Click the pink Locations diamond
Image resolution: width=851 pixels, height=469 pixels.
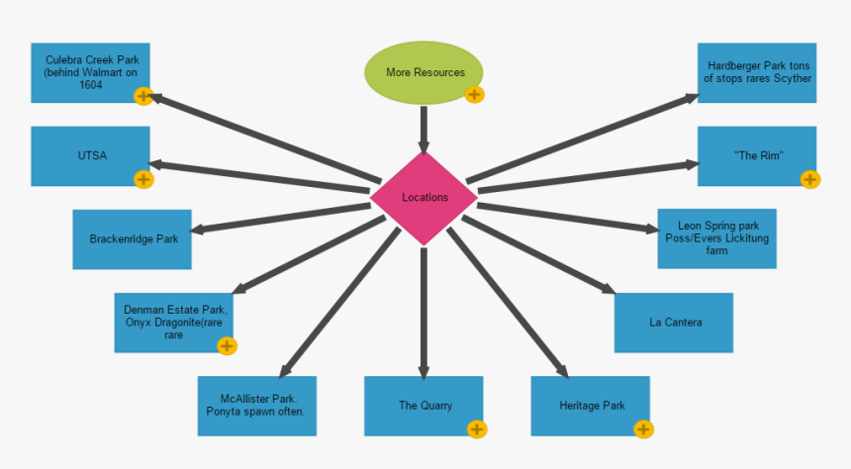pyautogui.click(x=425, y=198)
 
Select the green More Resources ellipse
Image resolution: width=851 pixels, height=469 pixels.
pyautogui.click(x=424, y=72)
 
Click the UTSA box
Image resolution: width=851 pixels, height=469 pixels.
pyautogui.click(x=90, y=155)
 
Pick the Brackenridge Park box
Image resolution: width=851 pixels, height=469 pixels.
pyautogui.click(x=132, y=238)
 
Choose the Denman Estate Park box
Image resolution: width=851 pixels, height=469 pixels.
pyautogui.click(x=173, y=322)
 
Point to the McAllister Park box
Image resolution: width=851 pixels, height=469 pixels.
pyautogui.click(x=256, y=406)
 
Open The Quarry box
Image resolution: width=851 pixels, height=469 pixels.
pyautogui.click(x=424, y=406)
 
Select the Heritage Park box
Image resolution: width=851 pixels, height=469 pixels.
pyautogui.click(x=590, y=406)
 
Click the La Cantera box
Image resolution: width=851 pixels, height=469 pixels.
pyautogui.click(x=673, y=323)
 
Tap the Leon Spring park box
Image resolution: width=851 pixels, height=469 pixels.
pyautogui.click(x=716, y=238)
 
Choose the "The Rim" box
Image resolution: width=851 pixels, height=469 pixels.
pyautogui.click(x=757, y=155)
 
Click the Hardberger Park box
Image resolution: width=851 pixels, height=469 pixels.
pyautogui.click(x=757, y=72)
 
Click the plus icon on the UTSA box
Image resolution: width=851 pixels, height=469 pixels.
pyautogui.click(x=143, y=179)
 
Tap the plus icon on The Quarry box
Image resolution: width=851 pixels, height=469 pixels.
pyautogui.click(x=477, y=429)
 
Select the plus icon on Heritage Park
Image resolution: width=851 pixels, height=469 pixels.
pyautogui.click(x=643, y=429)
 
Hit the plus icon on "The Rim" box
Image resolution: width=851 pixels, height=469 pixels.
pyautogui.click(x=810, y=179)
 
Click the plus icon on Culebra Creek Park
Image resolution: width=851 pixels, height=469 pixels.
pyautogui.click(x=143, y=96)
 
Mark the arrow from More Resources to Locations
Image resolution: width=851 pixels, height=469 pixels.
pyautogui.click(x=424, y=126)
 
